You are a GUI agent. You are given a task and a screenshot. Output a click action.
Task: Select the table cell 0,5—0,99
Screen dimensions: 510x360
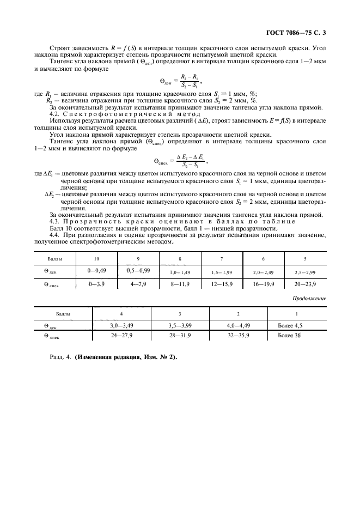(x=138, y=270)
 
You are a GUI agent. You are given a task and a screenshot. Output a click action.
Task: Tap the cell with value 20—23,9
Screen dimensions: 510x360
(x=305, y=284)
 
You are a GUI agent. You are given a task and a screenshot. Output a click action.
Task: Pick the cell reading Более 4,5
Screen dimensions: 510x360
(x=289, y=325)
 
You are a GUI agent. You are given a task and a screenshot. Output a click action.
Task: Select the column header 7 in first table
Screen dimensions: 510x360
(x=221, y=258)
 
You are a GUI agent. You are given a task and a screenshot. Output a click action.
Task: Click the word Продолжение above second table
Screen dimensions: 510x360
(x=310, y=299)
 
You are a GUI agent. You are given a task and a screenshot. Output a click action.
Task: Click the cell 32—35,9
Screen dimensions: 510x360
(x=239, y=336)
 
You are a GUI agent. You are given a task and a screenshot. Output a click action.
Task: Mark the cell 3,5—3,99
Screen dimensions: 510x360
(x=180, y=325)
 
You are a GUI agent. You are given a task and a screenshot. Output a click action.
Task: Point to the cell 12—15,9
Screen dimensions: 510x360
(x=221, y=284)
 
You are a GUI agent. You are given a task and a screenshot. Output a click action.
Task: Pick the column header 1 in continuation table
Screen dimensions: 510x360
(x=296, y=314)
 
